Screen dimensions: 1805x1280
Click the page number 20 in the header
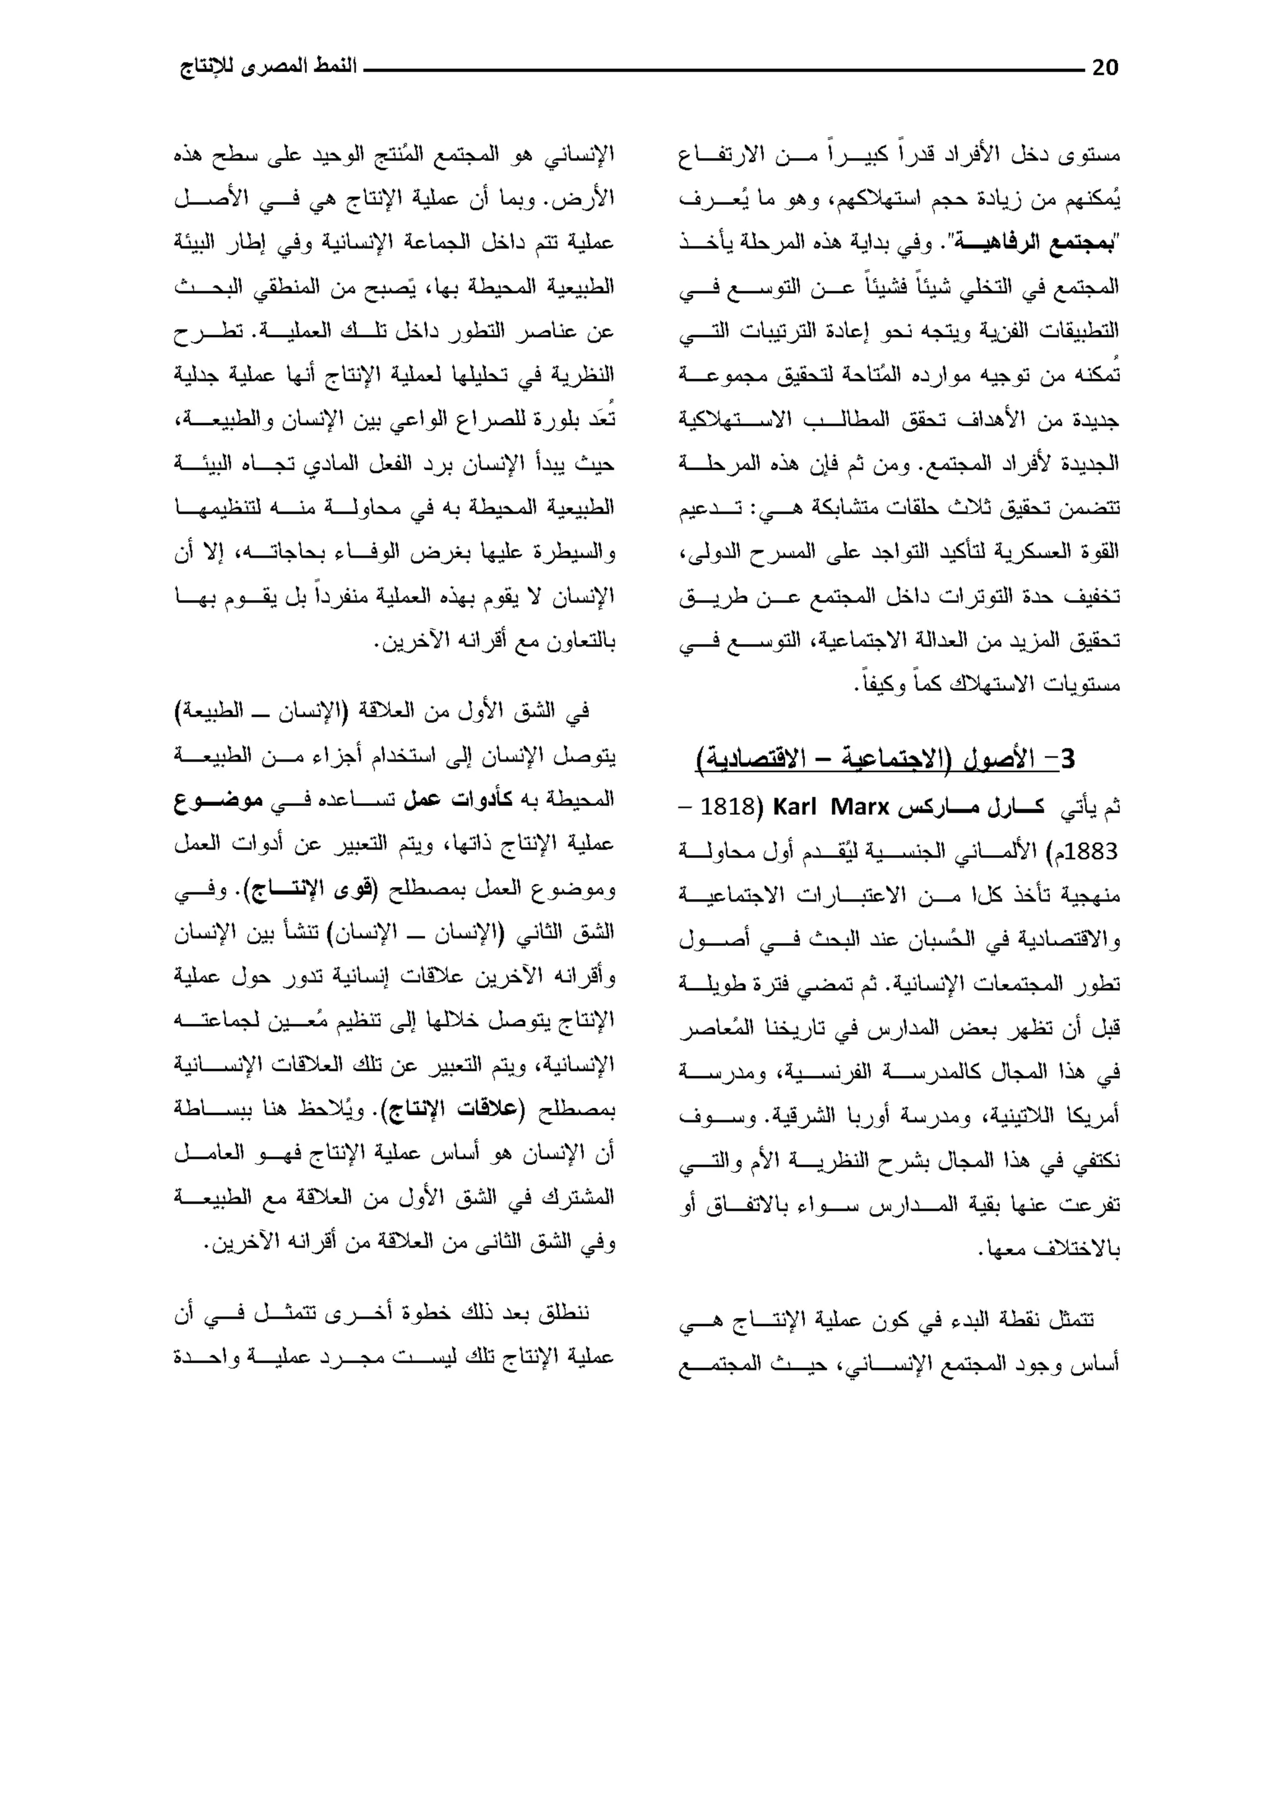tap(1105, 69)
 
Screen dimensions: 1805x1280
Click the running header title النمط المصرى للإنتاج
tap(268, 68)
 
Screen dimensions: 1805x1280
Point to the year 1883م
tap(1087, 852)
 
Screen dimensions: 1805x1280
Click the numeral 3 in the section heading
tap(1067, 759)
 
